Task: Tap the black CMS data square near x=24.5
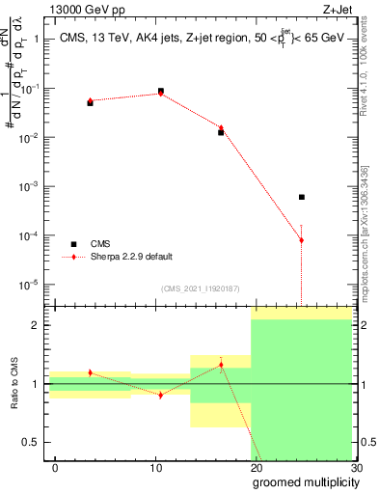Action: click(x=302, y=197)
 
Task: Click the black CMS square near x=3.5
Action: click(x=90, y=102)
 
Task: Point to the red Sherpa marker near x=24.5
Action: click(x=302, y=240)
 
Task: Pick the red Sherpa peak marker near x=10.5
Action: click(x=160, y=94)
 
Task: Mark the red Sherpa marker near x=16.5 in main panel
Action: click(x=221, y=128)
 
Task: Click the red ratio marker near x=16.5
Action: click(x=221, y=365)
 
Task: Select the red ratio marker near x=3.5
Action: click(x=90, y=372)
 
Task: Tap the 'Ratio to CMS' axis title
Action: click(x=16, y=383)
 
